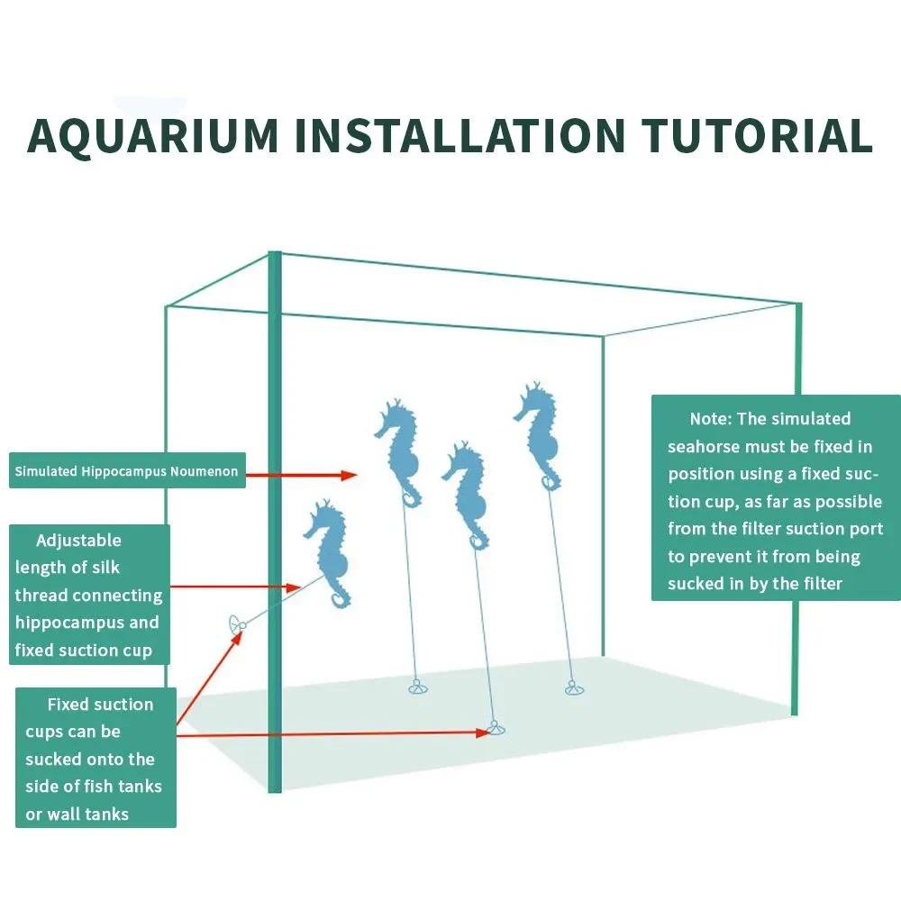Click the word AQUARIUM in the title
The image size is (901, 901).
tap(153, 136)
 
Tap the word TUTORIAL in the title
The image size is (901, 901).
tap(758, 136)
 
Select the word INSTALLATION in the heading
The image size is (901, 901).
tap(460, 136)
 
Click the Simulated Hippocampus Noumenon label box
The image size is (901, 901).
tap(127, 470)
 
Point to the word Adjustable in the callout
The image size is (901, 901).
tap(78, 540)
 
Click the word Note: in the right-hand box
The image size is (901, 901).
tap(711, 418)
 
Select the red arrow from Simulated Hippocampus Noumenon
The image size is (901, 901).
tap(302, 475)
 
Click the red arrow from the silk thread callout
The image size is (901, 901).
tap(235, 587)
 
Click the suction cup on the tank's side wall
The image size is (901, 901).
tap(235, 624)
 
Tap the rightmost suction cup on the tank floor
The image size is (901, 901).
tap(574, 687)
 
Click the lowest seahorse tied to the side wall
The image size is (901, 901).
tap(329, 553)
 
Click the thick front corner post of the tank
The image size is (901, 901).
tap(275, 522)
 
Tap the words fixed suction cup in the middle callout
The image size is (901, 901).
tap(83, 651)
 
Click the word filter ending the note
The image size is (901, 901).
tap(823, 584)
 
